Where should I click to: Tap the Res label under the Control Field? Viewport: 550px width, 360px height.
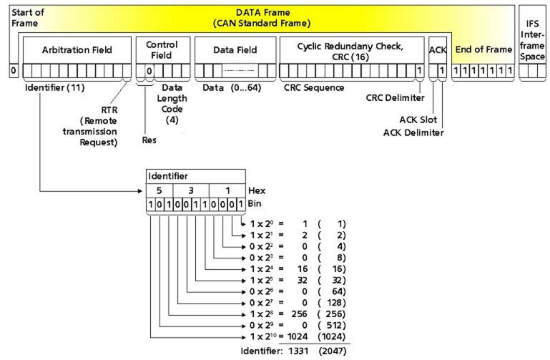click(x=149, y=140)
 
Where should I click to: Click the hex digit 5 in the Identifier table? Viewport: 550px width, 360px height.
click(x=159, y=191)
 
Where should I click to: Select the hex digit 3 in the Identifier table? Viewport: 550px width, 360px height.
click(x=190, y=191)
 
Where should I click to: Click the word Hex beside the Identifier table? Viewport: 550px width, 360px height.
click(x=256, y=191)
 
